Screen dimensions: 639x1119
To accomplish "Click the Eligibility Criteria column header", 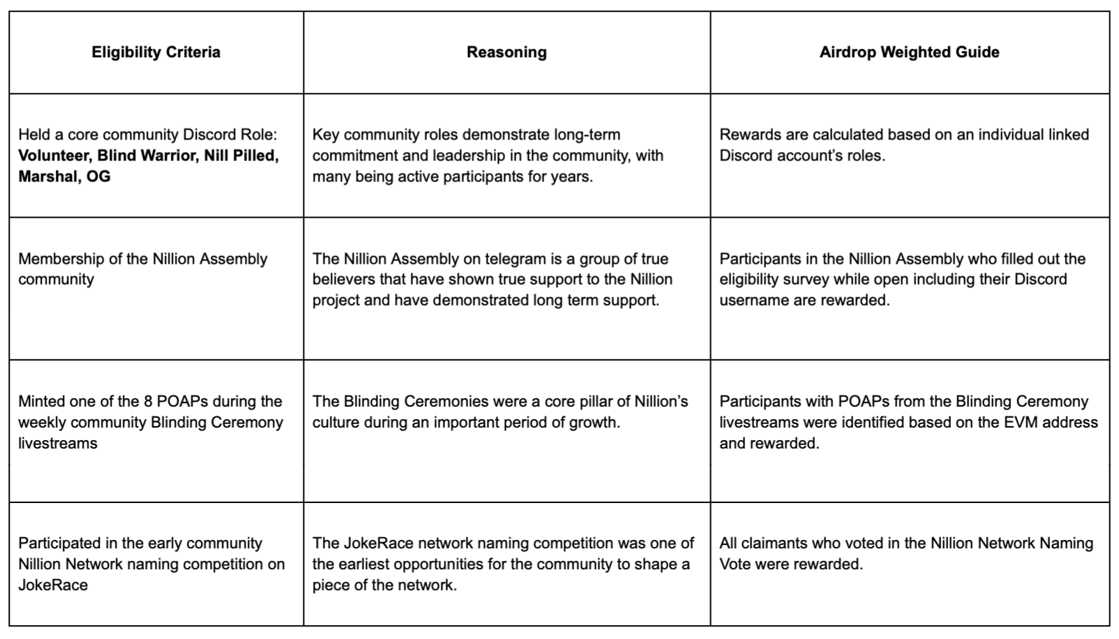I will click(x=156, y=52).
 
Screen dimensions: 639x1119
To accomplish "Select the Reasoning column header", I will click(x=506, y=52).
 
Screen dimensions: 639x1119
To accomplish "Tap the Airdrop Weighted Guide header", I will click(x=909, y=52).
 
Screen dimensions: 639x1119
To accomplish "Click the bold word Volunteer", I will click(x=54, y=156).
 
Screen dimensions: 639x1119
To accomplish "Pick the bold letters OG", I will click(x=98, y=176).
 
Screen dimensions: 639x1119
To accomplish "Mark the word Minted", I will click(x=43, y=402).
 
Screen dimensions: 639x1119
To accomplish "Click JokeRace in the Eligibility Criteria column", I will click(x=53, y=585).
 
